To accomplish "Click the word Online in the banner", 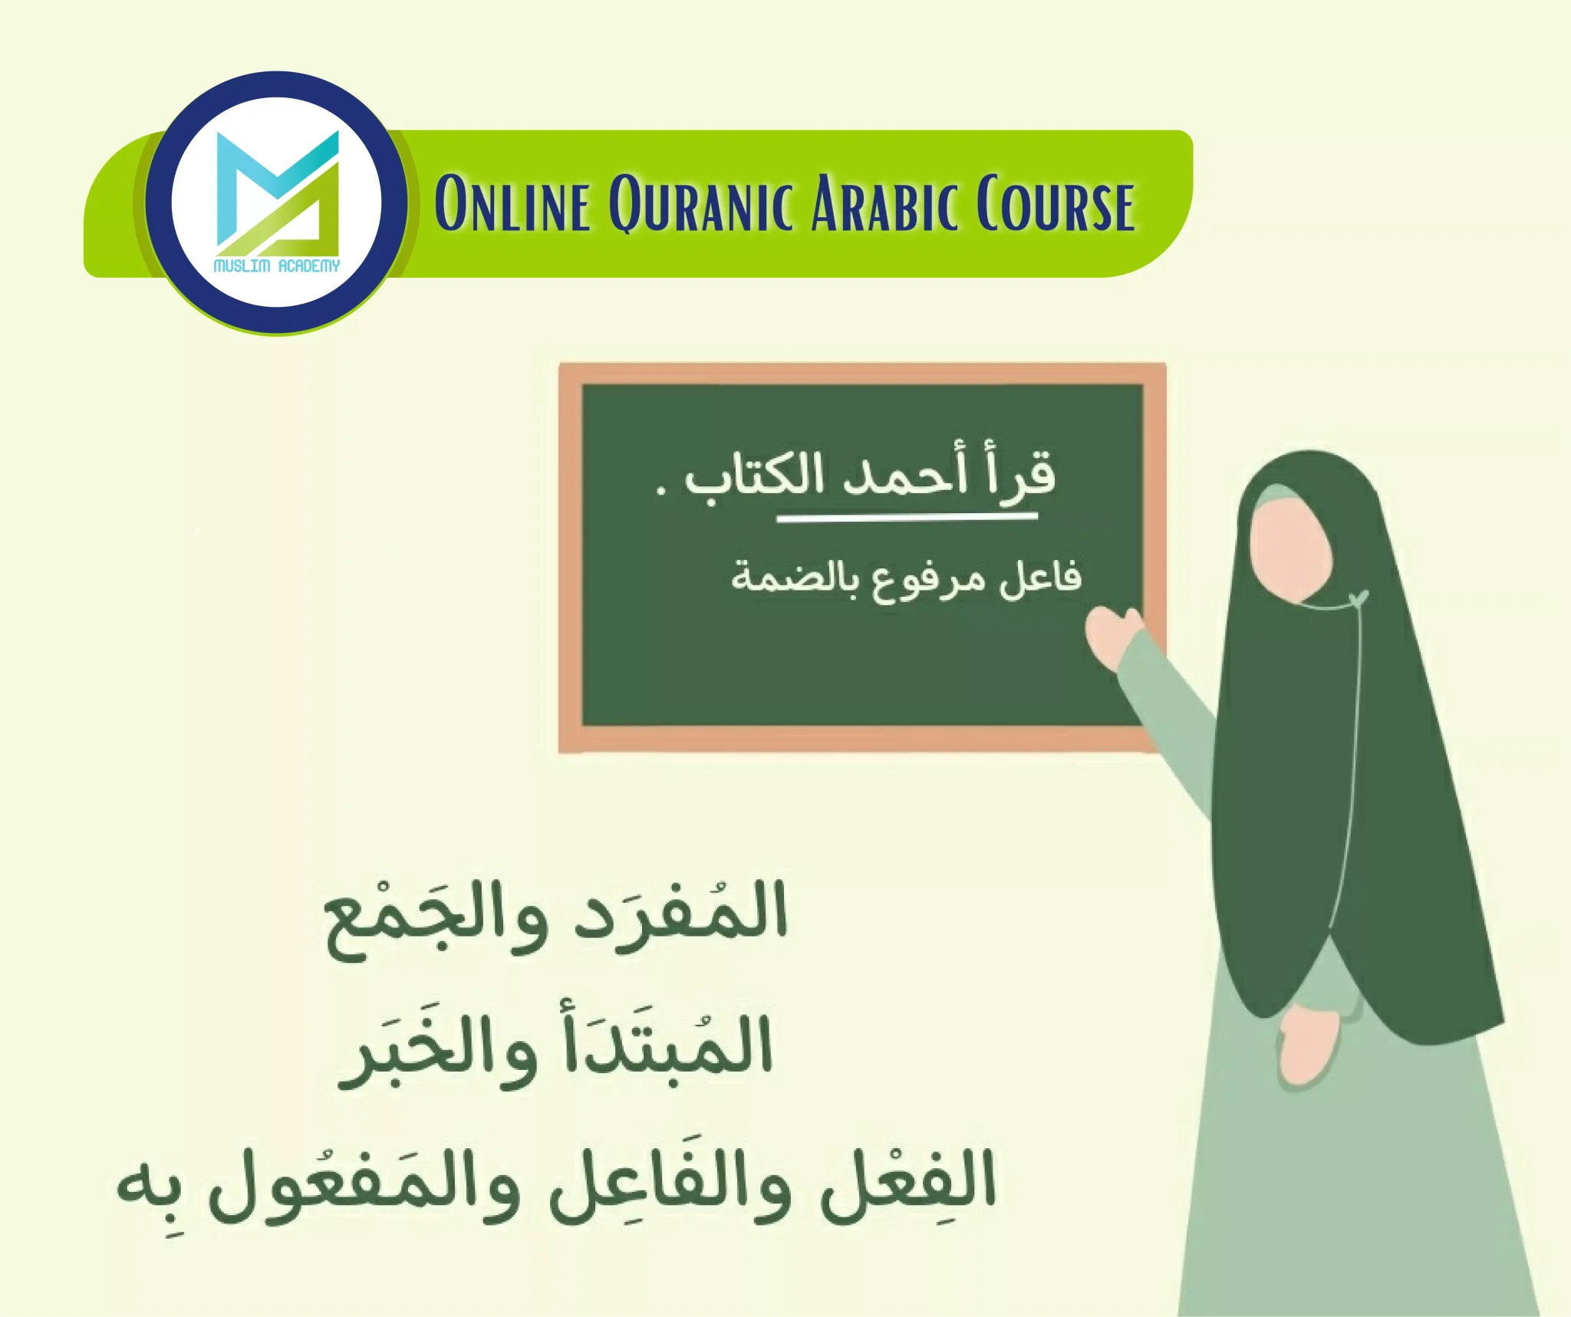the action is pyautogui.click(x=512, y=204).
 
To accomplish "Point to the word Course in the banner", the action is pyautogui.click(x=1056, y=204).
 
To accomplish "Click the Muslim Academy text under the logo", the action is pyautogui.click(x=276, y=266).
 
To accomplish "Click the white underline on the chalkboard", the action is pyautogui.click(x=907, y=518).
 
